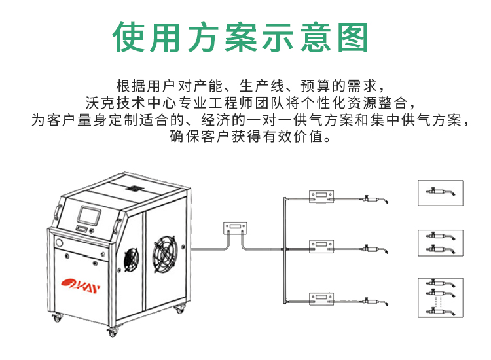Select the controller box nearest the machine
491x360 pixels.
coord(236,226)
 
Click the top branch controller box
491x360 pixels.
coord(322,196)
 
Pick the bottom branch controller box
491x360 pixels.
coord(322,298)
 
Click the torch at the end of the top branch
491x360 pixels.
coord(378,198)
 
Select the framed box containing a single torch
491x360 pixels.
coord(440,192)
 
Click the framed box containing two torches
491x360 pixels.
coord(440,243)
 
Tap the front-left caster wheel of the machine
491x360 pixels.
coord(57,320)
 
